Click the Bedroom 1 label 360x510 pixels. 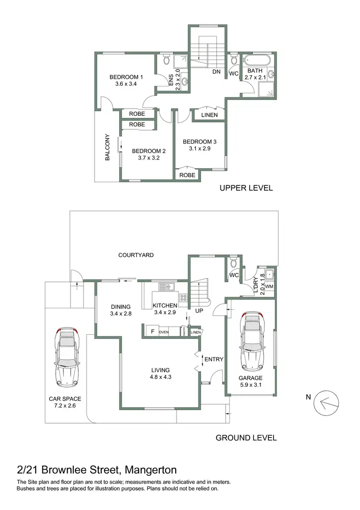click(126, 77)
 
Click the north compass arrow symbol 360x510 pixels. click(327, 403)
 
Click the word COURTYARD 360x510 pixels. click(136, 255)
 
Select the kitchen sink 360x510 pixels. click(169, 287)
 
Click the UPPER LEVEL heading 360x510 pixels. click(246, 188)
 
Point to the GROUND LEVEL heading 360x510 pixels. click(246, 437)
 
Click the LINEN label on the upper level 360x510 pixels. click(209, 115)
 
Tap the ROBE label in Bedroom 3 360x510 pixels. click(187, 175)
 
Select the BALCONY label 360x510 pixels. click(108, 147)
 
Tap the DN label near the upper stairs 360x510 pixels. click(216, 73)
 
